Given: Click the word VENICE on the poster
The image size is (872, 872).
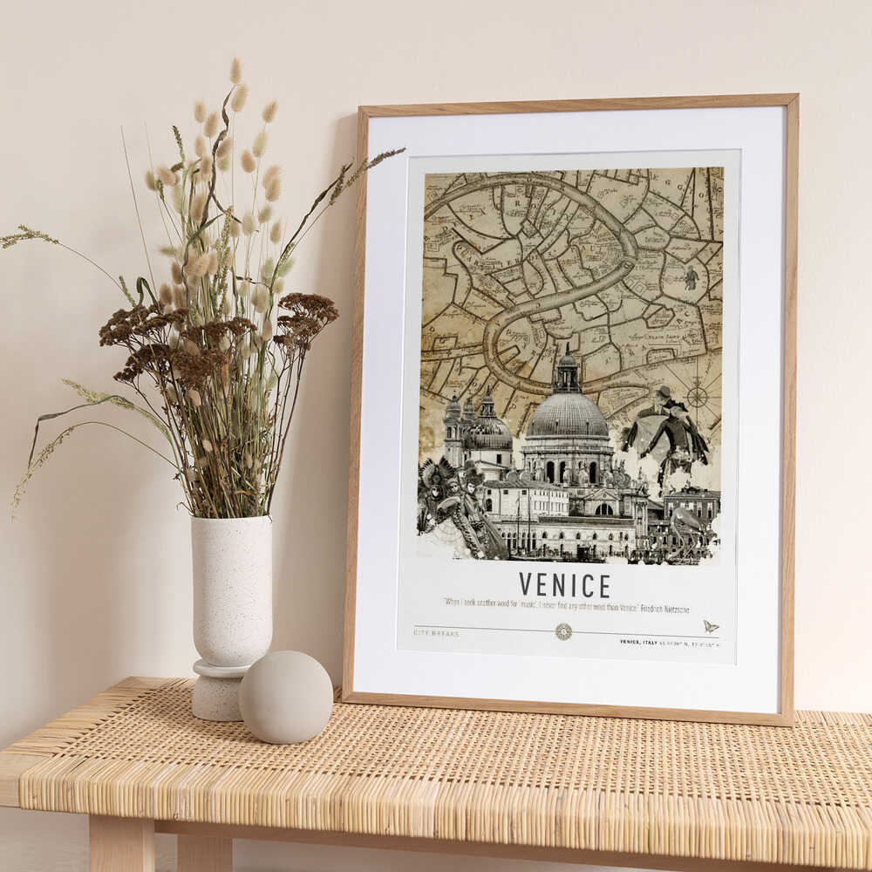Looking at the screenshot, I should [x=564, y=584].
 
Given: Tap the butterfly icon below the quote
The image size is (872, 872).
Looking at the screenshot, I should [x=710, y=626].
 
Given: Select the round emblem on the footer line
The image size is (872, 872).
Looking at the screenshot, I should [x=563, y=631].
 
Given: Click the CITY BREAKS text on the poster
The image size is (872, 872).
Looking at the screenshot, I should [x=437, y=632].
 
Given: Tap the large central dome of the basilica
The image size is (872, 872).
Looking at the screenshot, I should [x=568, y=416].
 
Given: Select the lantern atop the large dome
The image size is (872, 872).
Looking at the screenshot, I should [x=568, y=370].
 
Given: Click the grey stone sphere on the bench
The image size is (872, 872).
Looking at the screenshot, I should [x=286, y=697].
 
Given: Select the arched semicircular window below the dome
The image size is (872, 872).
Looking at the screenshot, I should [x=603, y=509].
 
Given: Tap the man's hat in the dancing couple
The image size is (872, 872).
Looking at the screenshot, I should [x=666, y=392].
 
